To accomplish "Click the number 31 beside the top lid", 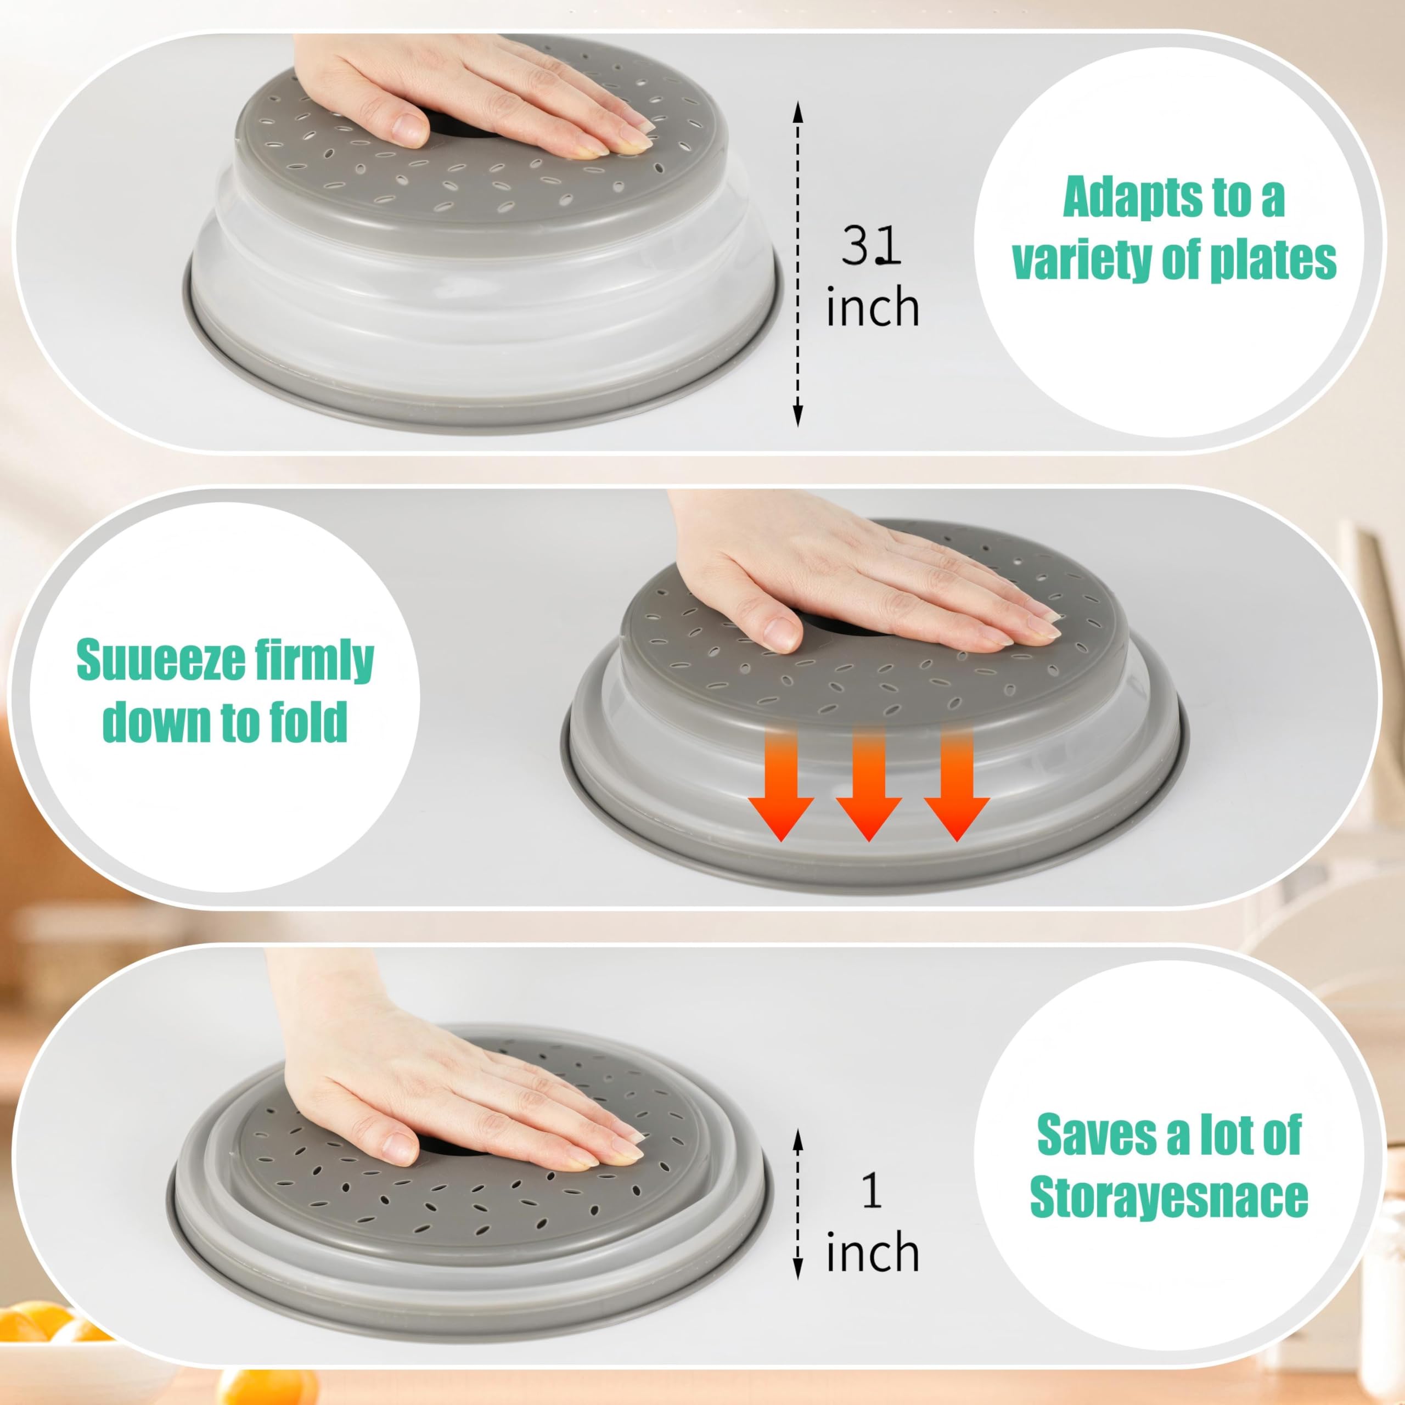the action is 871,246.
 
